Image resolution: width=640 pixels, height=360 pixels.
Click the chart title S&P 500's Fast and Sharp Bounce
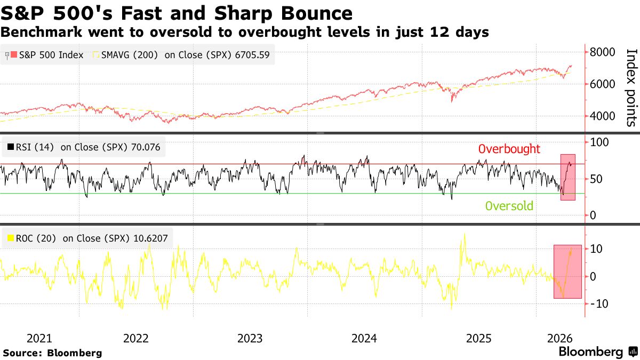click(x=177, y=13)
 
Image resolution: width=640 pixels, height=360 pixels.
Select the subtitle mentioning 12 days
click(x=245, y=32)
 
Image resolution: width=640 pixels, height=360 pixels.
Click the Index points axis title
click(x=630, y=87)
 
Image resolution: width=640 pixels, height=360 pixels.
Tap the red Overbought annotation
click(x=509, y=149)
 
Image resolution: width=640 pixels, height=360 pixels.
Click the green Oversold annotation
click(x=509, y=206)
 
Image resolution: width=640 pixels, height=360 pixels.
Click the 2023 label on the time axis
click(x=250, y=339)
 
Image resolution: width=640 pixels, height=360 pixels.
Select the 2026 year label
click(x=559, y=339)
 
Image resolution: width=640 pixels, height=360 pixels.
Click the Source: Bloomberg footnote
click(x=52, y=353)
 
